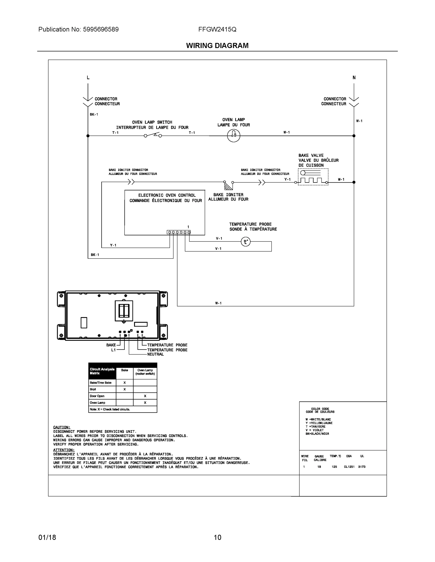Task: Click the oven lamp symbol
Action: (234, 135)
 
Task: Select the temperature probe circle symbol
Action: (245, 242)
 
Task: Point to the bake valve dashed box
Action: (313, 177)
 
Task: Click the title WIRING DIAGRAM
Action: (217, 46)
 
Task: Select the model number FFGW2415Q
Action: (217, 29)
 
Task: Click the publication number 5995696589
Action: (101, 29)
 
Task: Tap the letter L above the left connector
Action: (88, 78)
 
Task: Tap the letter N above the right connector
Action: (354, 78)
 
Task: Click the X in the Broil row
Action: (125, 389)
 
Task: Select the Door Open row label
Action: (97, 396)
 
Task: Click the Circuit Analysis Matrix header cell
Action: (102, 371)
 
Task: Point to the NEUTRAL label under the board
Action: (155, 354)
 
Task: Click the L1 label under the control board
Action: (113, 350)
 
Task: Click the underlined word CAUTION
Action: (62, 427)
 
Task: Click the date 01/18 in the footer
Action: (47, 537)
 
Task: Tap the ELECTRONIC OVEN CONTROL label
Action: (167, 195)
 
